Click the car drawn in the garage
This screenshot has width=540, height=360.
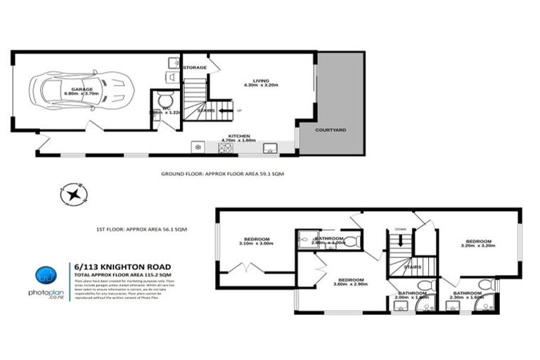pyautogui.click(x=79, y=90)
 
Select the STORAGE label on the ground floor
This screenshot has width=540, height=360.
pyautogui.click(x=195, y=67)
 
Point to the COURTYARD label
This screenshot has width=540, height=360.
pyautogui.click(x=330, y=130)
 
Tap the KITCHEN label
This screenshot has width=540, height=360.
pyautogui.click(x=238, y=136)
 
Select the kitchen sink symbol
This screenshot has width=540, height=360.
pyautogui.click(x=269, y=148)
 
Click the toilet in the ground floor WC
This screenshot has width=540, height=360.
pyautogui.click(x=165, y=100)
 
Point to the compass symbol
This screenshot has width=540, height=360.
pyautogui.click(x=74, y=193)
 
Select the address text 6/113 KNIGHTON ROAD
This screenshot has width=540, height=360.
pyautogui.click(x=122, y=266)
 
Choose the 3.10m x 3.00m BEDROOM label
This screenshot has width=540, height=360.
pyautogui.click(x=259, y=240)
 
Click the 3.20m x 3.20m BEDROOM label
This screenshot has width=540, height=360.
pyautogui.click(x=477, y=243)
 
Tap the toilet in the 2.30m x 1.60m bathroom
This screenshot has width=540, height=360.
pyautogui.click(x=484, y=284)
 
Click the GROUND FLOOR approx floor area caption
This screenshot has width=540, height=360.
pyautogui.click(x=222, y=173)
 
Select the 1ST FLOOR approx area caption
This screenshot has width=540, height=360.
pyautogui.click(x=141, y=229)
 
